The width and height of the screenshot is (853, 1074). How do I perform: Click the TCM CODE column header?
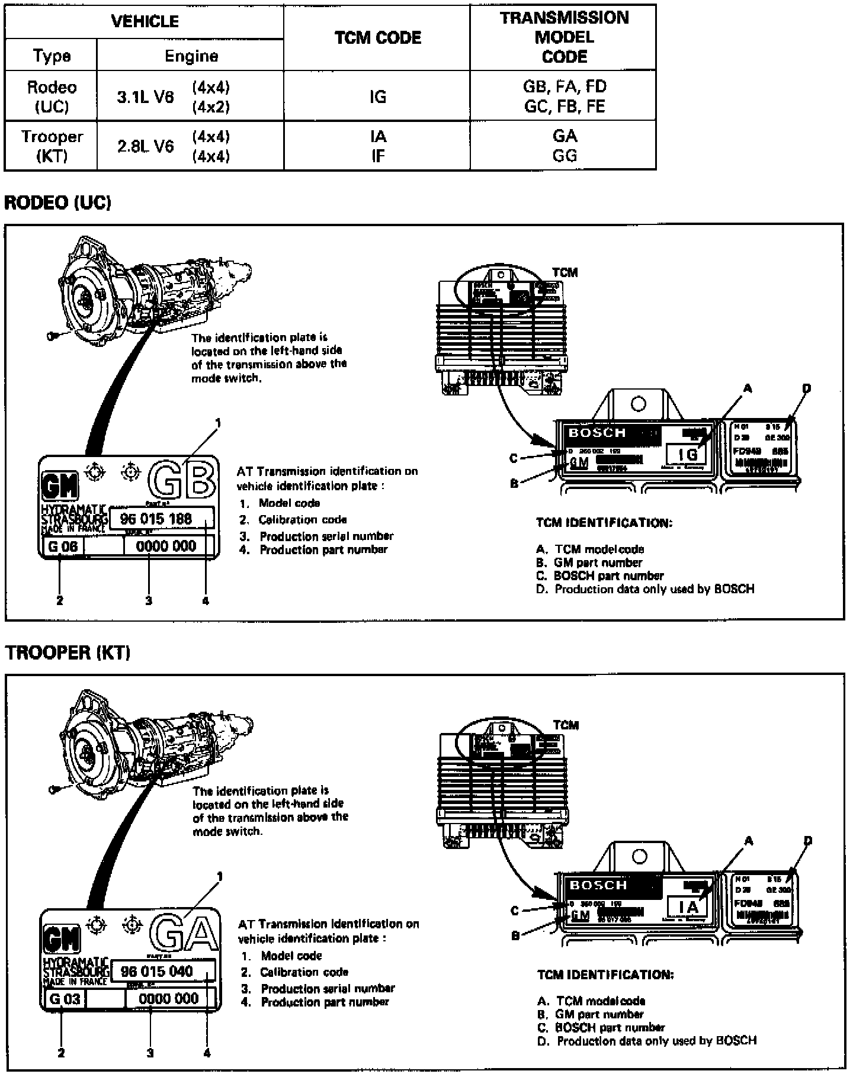tap(377, 37)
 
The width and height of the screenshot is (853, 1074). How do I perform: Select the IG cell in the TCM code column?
tap(377, 97)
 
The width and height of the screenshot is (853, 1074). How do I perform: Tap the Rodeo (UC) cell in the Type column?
tap(52, 97)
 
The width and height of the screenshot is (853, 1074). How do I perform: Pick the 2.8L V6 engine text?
tap(146, 146)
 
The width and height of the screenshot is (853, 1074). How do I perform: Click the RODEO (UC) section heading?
tap(57, 202)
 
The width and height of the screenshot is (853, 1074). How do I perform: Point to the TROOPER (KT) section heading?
tap(68, 652)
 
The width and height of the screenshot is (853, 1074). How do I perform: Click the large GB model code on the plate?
tap(181, 480)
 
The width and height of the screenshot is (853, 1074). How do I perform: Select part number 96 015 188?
tap(156, 519)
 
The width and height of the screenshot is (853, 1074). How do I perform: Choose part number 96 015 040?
tap(157, 972)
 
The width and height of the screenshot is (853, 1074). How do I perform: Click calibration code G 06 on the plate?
tap(63, 546)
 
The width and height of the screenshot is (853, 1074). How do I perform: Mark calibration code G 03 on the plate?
tap(65, 999)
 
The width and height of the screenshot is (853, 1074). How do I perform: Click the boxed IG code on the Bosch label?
tap(688, 454)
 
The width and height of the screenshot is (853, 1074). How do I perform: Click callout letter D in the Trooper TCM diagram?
tap(808, 841)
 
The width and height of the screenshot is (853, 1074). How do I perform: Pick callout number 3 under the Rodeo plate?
tap(149, 601)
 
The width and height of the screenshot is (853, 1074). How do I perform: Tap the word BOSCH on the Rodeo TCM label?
tap(597, 433)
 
